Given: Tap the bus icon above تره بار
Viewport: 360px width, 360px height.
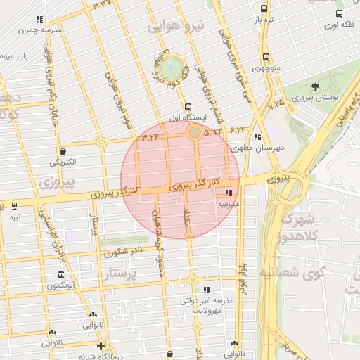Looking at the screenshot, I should tap(264, 9).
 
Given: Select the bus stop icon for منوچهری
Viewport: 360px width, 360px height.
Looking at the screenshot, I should tap(266, 58).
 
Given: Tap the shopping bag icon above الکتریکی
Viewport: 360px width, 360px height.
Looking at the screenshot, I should tap(63, 150).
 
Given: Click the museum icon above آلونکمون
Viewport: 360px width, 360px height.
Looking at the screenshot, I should tap(61, 274).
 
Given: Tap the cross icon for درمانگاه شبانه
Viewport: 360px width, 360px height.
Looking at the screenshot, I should tap(101, 346).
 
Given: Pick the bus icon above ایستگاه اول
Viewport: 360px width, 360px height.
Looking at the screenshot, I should tap(186, 106).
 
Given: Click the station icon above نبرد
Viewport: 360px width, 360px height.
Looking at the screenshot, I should tap(15, 205).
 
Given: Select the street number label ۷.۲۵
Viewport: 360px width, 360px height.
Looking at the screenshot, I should tap(277, 103).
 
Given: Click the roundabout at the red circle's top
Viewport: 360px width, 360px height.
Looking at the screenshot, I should tap(194, 131).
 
